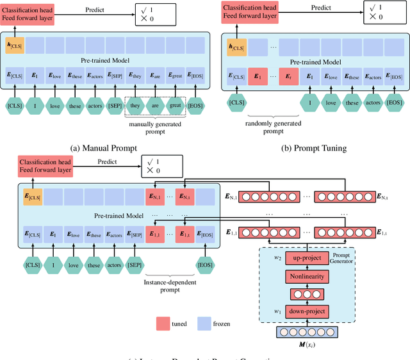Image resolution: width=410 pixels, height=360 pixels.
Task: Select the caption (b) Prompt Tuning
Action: (315, 147)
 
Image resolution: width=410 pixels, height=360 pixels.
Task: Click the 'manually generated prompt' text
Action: (156, 128)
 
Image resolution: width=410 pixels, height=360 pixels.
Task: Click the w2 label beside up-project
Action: (277, 258)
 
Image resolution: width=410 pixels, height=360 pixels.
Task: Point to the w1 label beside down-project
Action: (277, 311)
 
